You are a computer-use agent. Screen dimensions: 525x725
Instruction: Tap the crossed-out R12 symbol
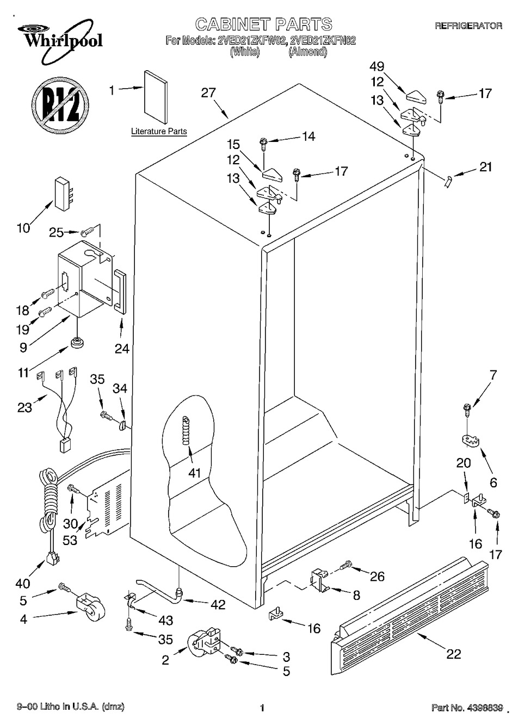pyautogui.click(x=61, y=105)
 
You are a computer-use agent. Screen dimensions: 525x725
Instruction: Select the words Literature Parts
pyautogui.click(x=159, y=132)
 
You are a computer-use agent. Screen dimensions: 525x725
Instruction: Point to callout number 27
pyautogui.click(x=208, y=93)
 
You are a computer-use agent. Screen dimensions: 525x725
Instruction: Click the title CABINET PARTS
pyautogui.click(x=263, y=24)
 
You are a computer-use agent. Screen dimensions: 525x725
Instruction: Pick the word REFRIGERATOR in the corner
pyautogui.click(x=468, y=26)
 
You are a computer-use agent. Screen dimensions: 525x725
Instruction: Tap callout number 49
pyautogui.click(x=377, y=66)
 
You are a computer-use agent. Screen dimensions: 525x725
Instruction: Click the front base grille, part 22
pyautogui.click(x=409, y=614)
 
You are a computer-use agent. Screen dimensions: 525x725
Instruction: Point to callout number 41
pyautogui.click(x=195, y=473)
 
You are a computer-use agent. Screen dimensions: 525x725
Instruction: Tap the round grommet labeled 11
pyautogui.click(x=76, y=342)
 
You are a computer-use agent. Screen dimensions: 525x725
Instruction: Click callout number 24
pyautogui.click(x=122, y=349)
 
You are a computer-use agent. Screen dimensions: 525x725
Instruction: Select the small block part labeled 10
pyautogui.click(x=64, y=194)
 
